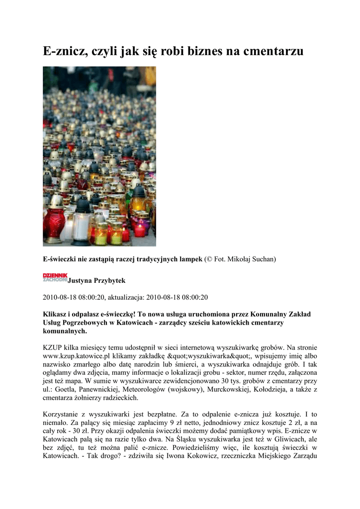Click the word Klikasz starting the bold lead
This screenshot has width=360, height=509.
click(x=56, y=314)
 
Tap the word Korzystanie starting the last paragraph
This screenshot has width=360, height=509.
click(x=62, y=415)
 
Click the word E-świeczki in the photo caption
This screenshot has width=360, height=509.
click(x=61, y=259)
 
